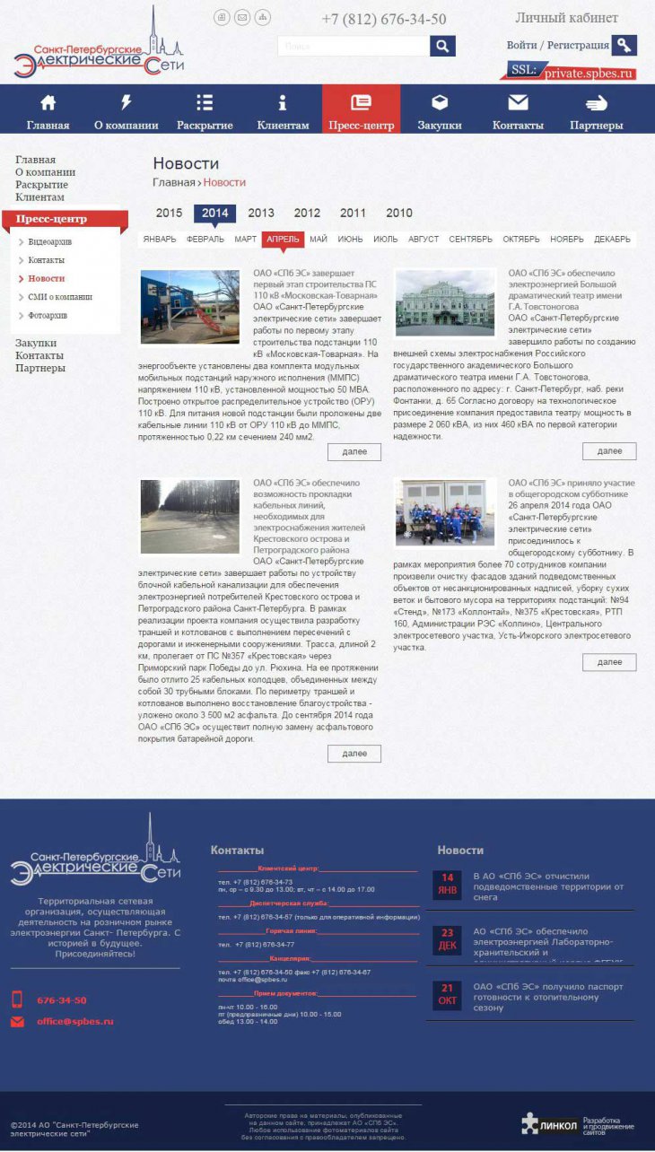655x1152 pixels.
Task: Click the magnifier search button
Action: coord(442,46)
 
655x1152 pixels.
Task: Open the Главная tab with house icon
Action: coord(48,111)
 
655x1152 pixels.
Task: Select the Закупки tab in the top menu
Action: coord(440,111)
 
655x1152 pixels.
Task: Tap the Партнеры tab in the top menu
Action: coord(596,111)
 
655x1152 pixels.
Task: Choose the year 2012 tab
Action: coord(307,213)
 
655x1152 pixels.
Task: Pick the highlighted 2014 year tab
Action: coord(215,213)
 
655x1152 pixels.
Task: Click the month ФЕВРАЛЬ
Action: coord(205,240)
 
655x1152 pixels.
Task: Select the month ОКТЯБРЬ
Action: coord(521,240)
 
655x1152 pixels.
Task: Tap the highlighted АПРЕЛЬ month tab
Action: coord(283,240)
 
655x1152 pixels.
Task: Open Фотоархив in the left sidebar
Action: coord(48,316)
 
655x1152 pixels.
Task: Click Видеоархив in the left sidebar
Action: coord(49,242)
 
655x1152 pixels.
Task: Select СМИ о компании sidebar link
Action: coord(60,297)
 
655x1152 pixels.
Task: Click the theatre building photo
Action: coord(445,304)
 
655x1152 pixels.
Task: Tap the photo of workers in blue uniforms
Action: coord(445,512)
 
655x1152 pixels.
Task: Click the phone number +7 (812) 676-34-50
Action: coord(383,20)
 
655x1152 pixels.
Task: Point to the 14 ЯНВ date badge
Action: coord(447,884)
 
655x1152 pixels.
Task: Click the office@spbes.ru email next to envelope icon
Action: coord(75,1021)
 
